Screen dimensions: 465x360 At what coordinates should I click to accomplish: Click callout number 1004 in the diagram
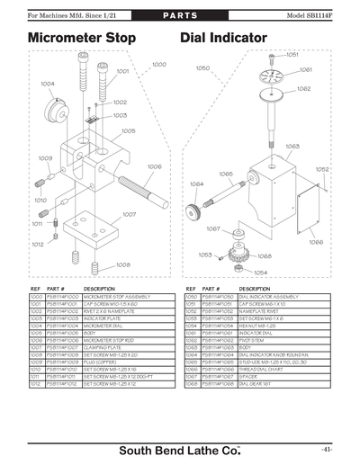(47, 84)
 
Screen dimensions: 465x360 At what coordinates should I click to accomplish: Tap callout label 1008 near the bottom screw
(123, 264)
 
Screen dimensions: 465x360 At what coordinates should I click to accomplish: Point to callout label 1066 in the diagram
(316, 241)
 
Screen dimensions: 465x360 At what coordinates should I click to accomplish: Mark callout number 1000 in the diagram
(158, 65)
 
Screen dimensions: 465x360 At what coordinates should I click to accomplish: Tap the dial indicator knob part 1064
(192, 211)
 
